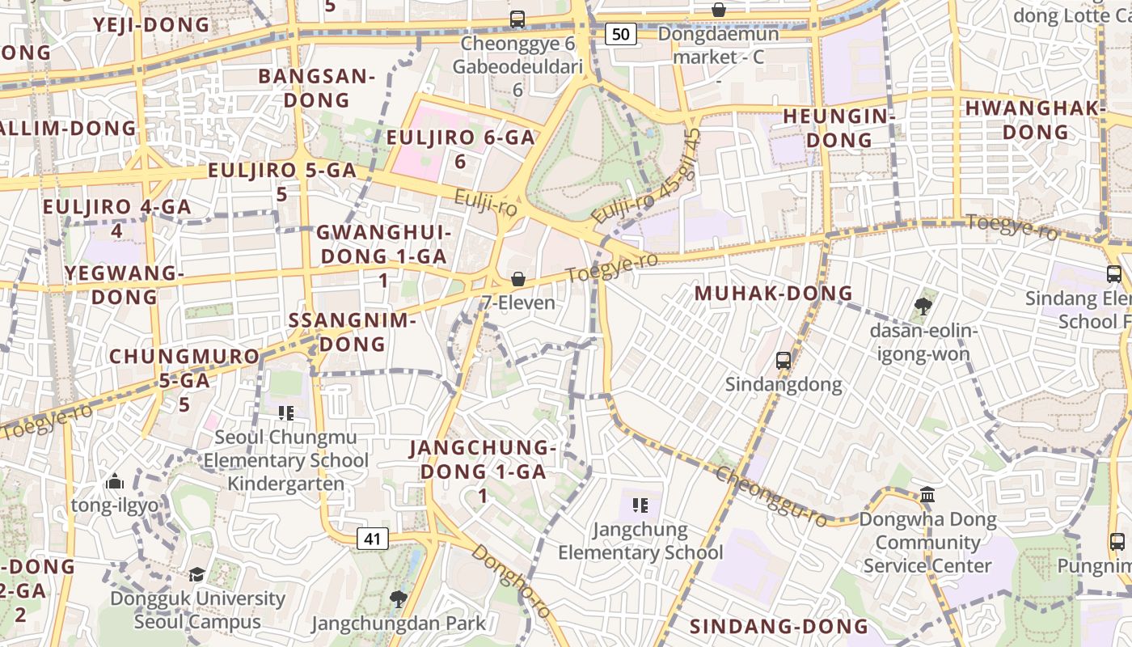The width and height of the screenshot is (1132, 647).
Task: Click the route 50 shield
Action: pos(620,34)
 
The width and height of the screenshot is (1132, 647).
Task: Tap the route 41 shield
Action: pos(372,539)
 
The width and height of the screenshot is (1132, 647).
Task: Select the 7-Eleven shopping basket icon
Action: pos(518,279)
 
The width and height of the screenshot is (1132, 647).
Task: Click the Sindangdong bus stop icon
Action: pos(783,360)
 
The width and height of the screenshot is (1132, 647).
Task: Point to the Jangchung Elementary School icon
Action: pos(640,506)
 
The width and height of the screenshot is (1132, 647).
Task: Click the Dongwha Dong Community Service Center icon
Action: pos(927,494)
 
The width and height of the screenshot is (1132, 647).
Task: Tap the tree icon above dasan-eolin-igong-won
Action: pos(923,306)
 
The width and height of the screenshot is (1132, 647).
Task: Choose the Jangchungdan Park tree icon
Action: pos(398,598)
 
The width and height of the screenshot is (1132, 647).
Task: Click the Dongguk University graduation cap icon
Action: pos(196,574)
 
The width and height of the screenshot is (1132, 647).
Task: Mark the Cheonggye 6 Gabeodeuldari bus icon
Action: pos(517,19)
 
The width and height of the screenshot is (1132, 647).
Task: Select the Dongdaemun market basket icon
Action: pos(718,10)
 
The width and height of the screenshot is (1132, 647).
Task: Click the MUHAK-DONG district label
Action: pos(774,293)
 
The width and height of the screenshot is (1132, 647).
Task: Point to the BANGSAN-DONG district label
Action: pos(316,88)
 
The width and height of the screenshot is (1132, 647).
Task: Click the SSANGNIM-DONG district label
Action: pos(353,332)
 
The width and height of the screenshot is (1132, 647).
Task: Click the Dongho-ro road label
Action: pos(511,581)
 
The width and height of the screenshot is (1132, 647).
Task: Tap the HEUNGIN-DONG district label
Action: pos(839,128)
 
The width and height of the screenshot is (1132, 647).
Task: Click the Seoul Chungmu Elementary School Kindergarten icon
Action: pos(285,413)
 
